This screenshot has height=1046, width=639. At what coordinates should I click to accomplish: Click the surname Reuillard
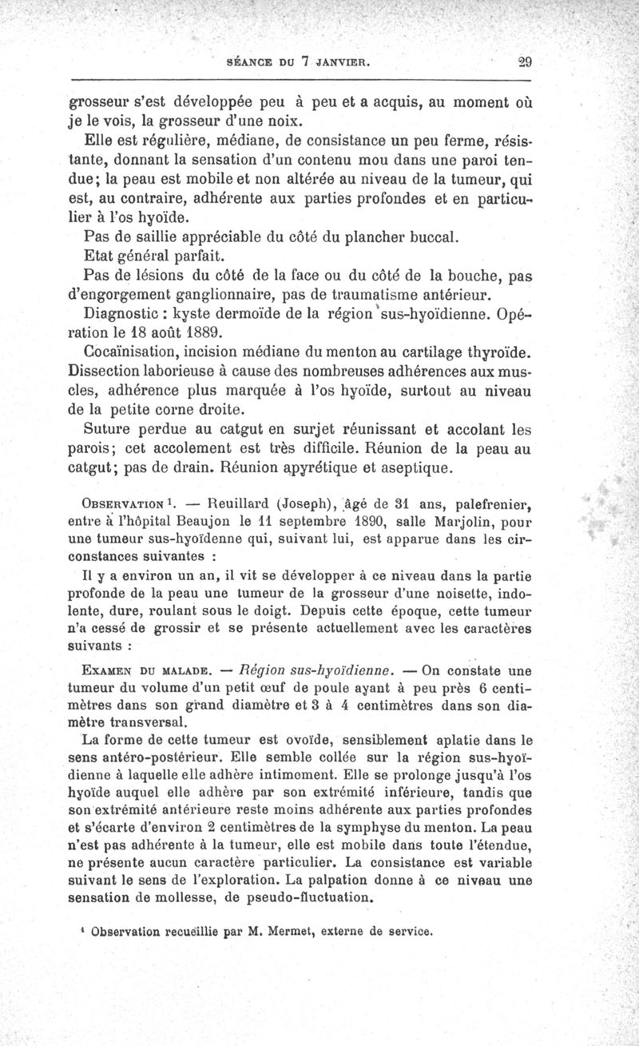[x=247, y=504]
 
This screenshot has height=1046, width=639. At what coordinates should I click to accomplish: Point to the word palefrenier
[x=488, y=504]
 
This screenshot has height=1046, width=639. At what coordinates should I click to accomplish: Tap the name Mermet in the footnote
[x=301, y=930]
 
